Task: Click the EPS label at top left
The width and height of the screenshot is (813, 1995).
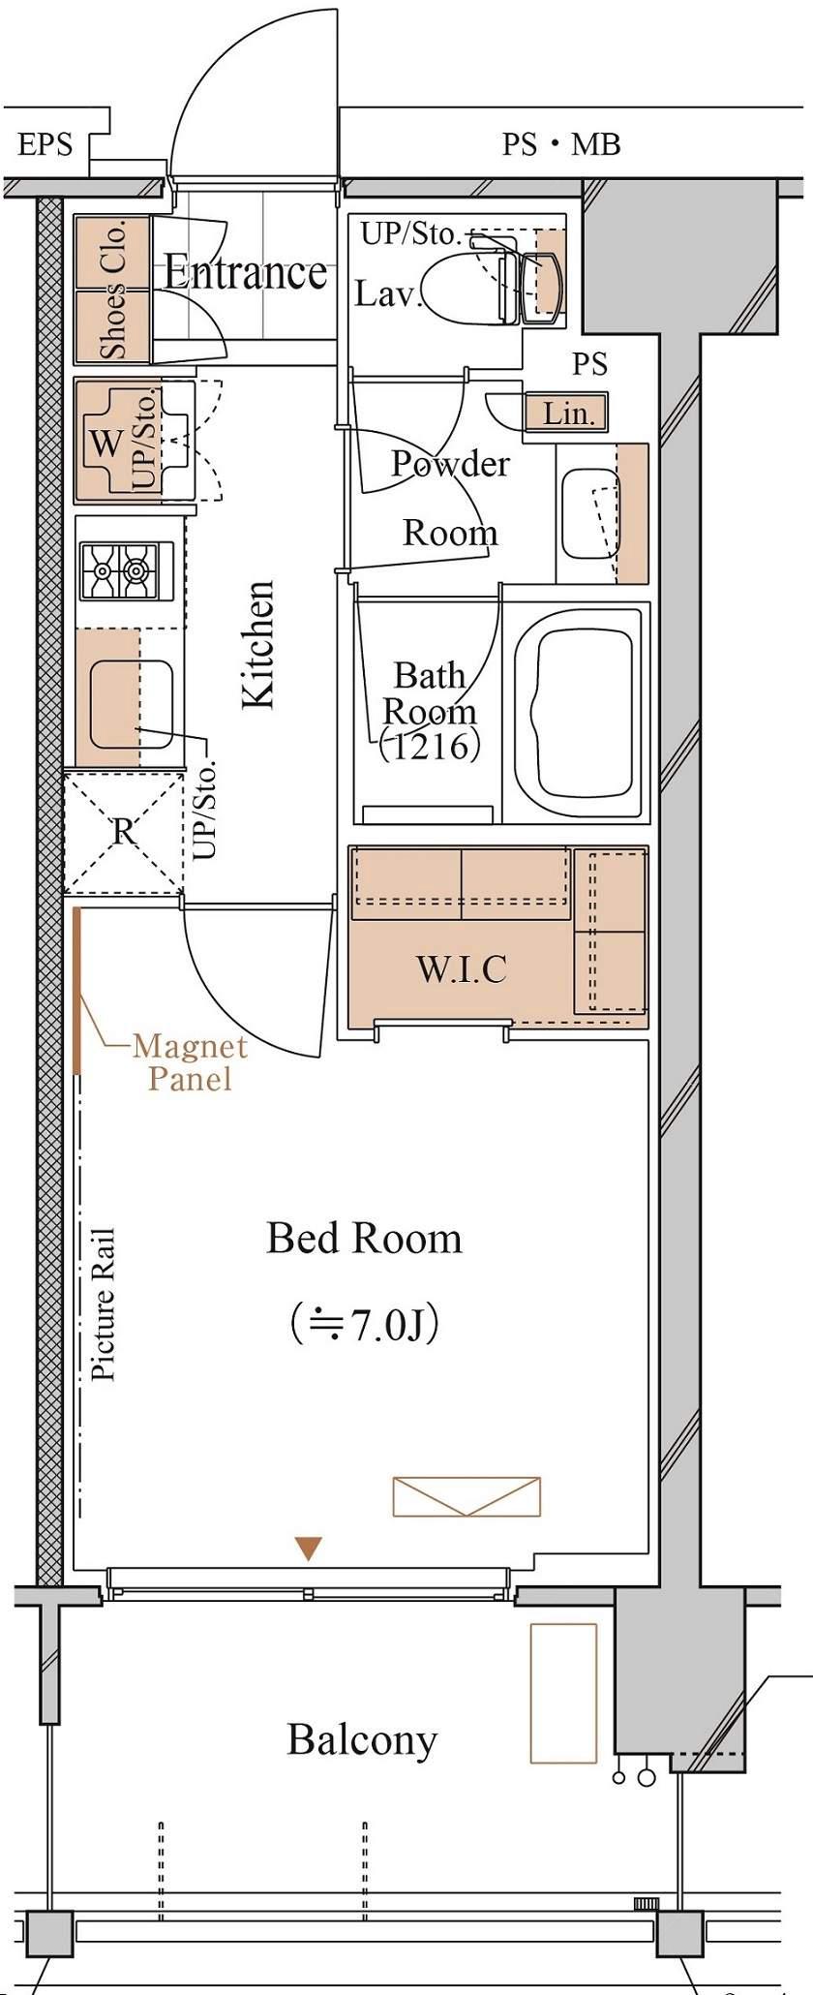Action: click(45, 145)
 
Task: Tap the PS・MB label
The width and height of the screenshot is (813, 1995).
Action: click(561, 145)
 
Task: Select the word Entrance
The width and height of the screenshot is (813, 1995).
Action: click(245, 272)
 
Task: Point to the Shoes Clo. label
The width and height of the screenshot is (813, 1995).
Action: click(113, 290)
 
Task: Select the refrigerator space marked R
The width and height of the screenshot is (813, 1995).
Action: click(123, 831)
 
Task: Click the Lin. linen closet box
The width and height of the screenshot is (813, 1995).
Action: click(566, 414)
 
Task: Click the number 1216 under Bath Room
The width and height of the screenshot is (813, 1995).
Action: click(430, 747)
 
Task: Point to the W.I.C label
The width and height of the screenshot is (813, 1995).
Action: click(462, 968)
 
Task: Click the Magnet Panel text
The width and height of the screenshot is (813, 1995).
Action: click(190, 1062)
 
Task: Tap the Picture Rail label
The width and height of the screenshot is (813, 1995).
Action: click(104, 1304)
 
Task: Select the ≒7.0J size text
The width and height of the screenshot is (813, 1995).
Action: click(366, 1325)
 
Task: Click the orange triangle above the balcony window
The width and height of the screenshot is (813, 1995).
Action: click(308, 1548)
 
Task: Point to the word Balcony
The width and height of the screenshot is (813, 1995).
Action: click(362, 1741)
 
